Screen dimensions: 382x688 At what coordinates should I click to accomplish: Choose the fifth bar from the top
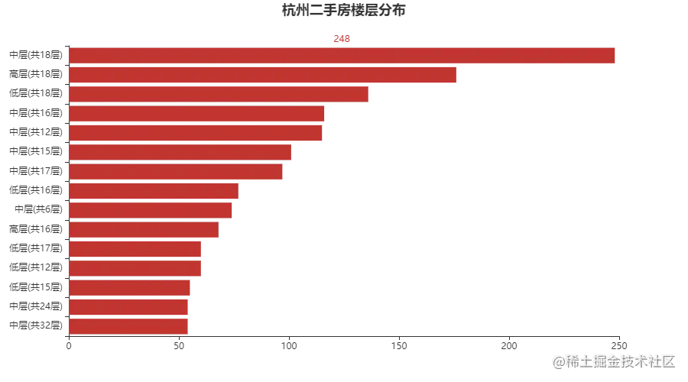196,134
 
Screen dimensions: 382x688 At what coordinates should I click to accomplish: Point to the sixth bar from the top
180,153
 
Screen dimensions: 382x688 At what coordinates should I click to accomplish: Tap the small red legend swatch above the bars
342,37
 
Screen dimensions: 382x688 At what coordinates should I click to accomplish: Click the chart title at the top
345,10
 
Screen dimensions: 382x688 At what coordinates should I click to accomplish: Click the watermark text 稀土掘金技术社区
620,360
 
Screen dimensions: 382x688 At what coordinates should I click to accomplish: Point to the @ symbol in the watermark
558,360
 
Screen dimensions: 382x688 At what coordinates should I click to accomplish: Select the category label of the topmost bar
34,55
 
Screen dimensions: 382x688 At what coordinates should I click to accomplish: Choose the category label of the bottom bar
34,324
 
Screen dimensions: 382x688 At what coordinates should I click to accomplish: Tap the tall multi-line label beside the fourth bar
34,122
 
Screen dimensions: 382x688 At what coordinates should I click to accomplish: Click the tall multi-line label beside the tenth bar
34,237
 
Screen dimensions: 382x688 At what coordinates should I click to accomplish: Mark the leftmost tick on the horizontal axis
69,340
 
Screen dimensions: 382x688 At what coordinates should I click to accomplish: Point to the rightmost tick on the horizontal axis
617,340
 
